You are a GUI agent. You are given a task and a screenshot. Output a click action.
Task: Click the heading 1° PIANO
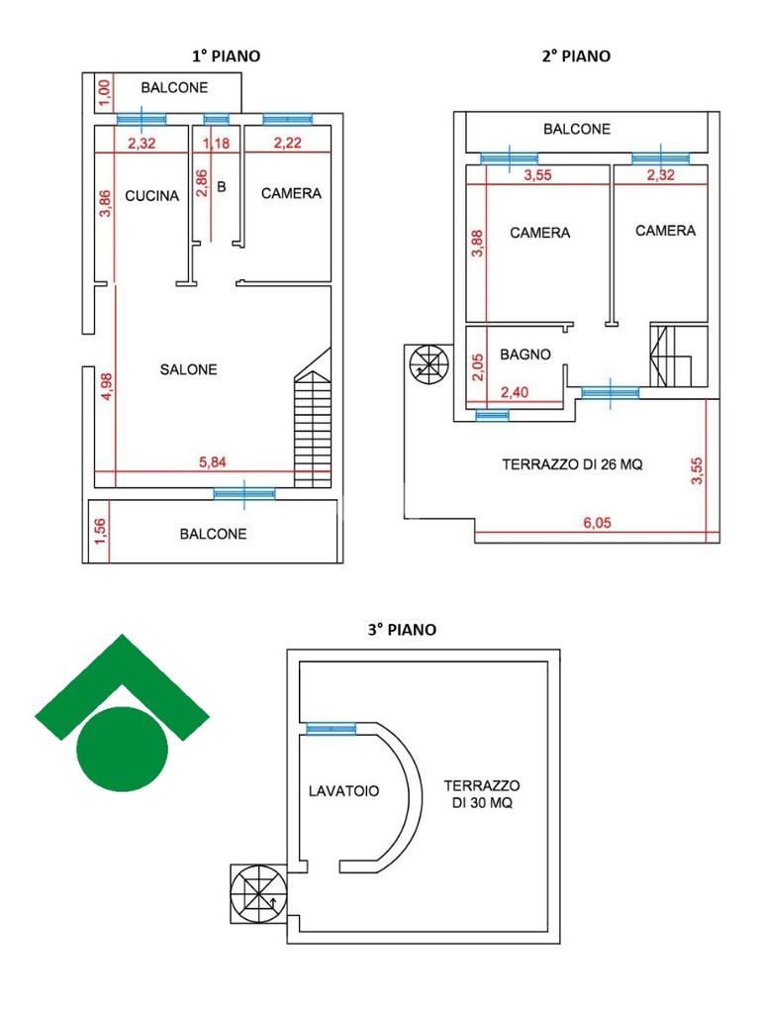227,56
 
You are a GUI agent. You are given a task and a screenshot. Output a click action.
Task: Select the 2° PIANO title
576,56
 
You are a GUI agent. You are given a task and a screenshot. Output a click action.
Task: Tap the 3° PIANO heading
402,629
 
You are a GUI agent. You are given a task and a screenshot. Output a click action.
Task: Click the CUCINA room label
152,196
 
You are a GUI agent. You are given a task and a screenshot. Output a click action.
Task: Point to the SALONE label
188,369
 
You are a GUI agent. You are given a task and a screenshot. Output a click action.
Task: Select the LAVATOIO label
344,791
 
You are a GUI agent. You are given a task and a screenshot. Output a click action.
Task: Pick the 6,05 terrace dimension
594,525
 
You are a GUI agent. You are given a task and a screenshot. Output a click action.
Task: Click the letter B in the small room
222,185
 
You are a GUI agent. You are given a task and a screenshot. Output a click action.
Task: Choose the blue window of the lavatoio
331,729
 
